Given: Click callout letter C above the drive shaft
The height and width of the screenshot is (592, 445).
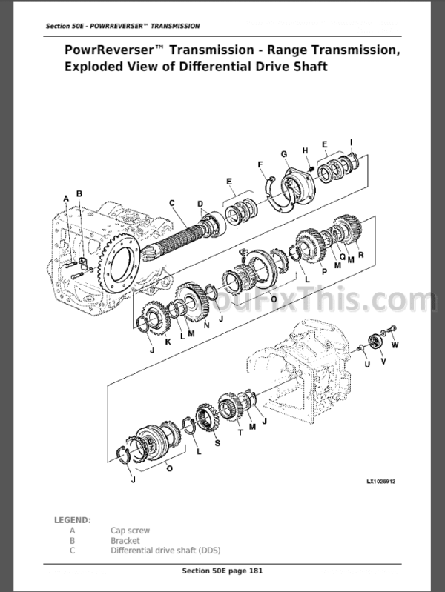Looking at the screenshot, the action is (172, 203).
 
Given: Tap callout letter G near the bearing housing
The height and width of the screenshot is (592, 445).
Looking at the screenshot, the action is (284, 154).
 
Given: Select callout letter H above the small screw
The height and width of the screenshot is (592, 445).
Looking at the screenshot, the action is (305, 151).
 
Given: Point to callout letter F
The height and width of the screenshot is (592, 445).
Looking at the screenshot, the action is (260, 164).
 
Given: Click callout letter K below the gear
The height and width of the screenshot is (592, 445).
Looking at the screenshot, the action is (168, 342).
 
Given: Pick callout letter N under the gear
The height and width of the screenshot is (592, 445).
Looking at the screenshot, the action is (206, 325).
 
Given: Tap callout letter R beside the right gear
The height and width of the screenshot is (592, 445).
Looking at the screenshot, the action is (360, 255).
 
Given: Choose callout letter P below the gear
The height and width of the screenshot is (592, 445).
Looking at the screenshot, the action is (324, 271).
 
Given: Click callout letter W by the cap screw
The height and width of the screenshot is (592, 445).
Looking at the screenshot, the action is (395, 345).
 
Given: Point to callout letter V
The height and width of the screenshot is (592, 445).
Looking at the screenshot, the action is (383, 362).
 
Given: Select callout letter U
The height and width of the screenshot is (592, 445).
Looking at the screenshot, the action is (367, 364).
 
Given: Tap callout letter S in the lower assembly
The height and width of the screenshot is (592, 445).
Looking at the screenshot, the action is (217, 442).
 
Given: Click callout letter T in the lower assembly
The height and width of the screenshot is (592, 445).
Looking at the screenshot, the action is (240, 433).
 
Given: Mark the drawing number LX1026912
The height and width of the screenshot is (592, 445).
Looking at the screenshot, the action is (380, 482).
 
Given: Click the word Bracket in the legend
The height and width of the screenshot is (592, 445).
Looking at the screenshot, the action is (125, 541).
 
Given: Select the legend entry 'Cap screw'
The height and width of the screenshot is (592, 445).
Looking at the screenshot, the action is (130, 531).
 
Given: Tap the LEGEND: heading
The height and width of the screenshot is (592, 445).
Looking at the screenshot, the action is (73, 520).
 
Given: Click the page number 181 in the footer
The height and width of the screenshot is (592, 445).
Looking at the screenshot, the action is (255, 571).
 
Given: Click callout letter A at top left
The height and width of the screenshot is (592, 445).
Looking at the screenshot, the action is (66, 199).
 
